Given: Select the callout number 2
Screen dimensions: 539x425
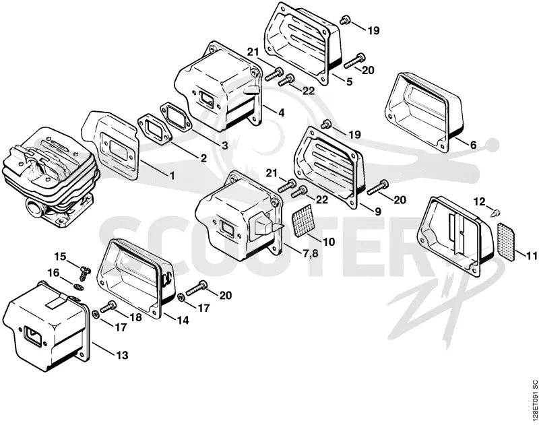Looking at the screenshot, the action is click(x=203, y=158).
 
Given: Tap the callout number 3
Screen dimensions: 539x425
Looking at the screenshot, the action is click(x=224, y=145).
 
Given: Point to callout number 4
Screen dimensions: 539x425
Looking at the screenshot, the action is click(x=281, y=112).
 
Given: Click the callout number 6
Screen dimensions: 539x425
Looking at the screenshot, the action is click(x=473, y=145).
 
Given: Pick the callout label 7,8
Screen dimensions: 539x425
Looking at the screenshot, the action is click(x=310, y=255).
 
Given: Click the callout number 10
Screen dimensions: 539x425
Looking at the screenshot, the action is click(x=329, y=242).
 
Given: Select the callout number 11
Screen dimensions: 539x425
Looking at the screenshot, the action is click(x=531, y=256).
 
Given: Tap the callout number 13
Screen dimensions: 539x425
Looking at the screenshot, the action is click(x=122, y=354).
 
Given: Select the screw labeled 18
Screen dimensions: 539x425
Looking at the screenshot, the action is click(x=107, y=307).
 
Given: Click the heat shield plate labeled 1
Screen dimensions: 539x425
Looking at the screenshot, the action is click(x=110, y=145).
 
